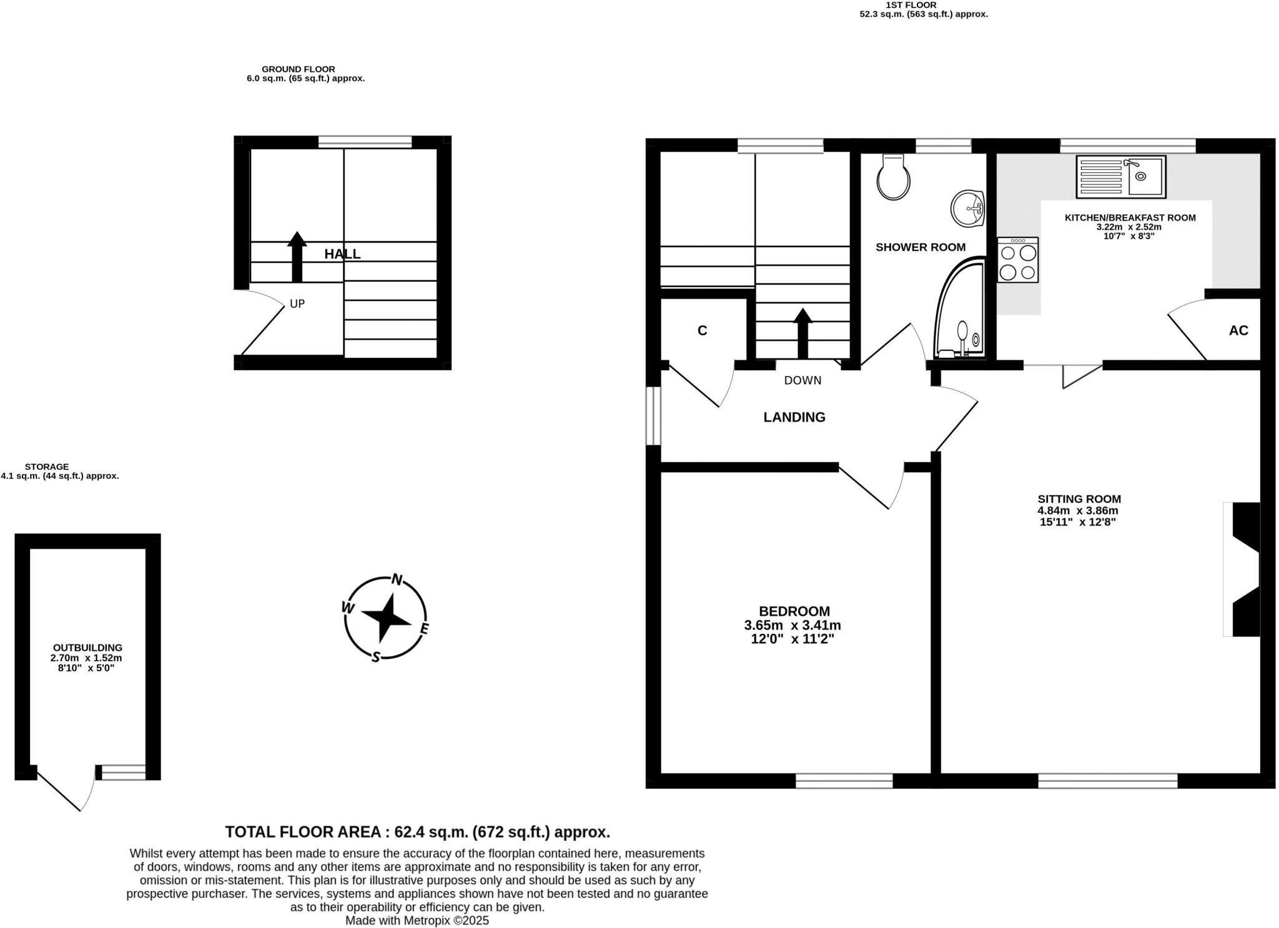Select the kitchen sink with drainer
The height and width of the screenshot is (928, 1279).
point(1121,177)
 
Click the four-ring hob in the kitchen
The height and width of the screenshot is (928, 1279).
point(1017,260)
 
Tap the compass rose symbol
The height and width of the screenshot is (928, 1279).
point(386,618)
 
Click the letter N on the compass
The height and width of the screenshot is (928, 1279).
point(396,580)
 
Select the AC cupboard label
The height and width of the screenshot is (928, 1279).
point(1238,330)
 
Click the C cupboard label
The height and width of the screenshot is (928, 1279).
point(702,330)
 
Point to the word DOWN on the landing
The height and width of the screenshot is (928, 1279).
point(802,380)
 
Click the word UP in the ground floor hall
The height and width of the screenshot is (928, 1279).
point(297,304)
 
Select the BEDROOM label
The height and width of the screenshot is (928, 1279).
point(794,611)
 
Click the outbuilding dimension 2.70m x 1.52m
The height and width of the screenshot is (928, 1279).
point(86,658)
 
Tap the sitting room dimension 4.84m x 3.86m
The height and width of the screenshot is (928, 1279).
point(1078,510)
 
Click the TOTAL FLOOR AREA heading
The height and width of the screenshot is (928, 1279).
point(417,832)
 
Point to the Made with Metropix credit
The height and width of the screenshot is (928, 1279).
point(417,921)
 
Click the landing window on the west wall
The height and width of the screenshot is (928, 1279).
point(653,416)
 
